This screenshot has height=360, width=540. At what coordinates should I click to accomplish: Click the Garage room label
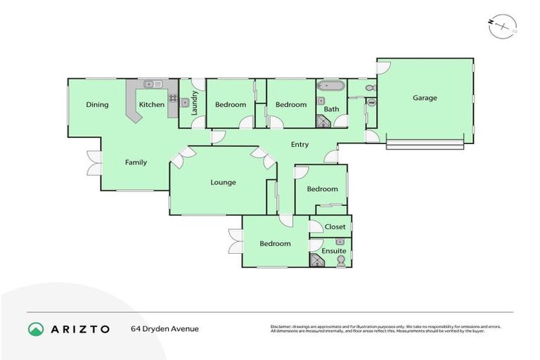[x=425, y=98]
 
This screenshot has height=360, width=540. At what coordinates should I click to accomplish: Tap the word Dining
[x=97, y=105]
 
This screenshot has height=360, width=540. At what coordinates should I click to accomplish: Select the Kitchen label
[x=151, y=105]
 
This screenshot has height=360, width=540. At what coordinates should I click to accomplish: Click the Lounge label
[x=223, y=182]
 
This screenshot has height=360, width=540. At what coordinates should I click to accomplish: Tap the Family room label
[x=136, y=162]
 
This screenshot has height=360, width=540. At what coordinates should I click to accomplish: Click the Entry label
[x=300, y=145]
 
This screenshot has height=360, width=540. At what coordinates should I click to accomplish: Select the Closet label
[x=335, y=227]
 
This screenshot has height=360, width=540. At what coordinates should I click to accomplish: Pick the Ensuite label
[x=333, y=250]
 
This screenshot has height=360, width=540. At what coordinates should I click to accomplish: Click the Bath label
[x=331, y=109]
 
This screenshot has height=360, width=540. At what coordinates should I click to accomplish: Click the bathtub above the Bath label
[x=330, y=86]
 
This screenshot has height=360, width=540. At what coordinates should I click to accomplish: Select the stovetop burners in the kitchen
[x=172, y=98]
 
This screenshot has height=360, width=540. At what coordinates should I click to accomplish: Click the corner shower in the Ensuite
[x=317, y=261]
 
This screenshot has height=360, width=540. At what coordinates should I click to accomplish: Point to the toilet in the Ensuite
[x=341, y=261]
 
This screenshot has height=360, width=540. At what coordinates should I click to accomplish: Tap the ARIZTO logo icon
[x=36, y=328]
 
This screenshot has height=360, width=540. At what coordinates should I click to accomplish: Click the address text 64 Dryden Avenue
[x=165, y=328]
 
